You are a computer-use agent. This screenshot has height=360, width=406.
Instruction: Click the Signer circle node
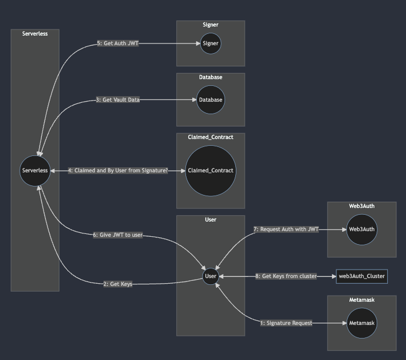tap(210, 44)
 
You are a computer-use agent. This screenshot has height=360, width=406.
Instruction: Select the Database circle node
tap(210, 100)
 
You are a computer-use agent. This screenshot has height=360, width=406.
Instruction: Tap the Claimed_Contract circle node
tap(210, 170)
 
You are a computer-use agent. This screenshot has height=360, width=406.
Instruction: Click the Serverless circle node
tap(35, 170)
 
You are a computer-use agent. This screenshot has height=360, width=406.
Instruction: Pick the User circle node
tap(211, 276)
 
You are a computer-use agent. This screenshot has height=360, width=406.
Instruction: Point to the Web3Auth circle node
tap(362, 229)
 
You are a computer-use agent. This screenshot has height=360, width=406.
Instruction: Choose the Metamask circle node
tap(362, 323)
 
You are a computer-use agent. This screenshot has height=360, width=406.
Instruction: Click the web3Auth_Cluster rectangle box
tap(362, 276)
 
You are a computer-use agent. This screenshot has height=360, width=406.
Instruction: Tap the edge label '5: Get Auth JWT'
tap(118, 44)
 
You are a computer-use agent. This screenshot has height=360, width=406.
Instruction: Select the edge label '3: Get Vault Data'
tap(118, 100)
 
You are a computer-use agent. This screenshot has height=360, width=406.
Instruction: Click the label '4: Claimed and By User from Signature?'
tap(118, 170)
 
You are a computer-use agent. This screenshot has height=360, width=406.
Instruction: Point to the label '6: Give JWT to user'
tap(118, 235)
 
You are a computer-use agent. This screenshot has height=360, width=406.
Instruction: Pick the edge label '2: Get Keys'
tap(118, 284)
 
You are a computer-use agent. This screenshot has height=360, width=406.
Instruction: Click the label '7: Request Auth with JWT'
tap(286, 229)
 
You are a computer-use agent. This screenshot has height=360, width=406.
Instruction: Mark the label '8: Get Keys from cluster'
tap(286, 276)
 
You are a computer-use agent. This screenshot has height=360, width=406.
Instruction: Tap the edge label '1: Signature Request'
tap(286, 323)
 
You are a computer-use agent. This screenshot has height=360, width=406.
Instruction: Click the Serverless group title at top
tap(35, 34)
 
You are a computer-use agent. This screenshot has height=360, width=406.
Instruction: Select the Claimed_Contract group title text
tap(210, 137)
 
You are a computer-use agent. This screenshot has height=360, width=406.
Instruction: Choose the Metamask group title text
tap(362, 300)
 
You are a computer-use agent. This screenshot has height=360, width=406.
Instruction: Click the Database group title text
tap(210, 77)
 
